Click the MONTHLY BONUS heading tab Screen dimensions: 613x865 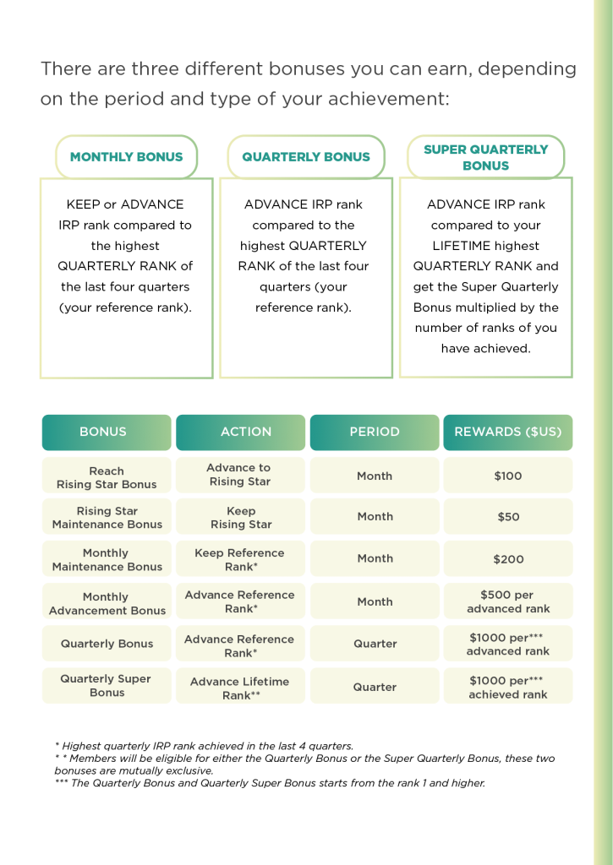point(127,156)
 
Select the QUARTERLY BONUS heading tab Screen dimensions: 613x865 point(306,156)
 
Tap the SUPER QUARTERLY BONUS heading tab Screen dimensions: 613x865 point(485,156)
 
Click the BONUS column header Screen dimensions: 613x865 point(107,432)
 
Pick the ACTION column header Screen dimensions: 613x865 point(240,432)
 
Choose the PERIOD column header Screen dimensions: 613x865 point(375,432)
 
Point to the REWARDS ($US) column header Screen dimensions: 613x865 point(508,432)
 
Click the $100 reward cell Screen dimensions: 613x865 point(508,475)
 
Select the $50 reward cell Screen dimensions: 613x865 point(508,516)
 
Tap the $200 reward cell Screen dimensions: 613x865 point(508,559)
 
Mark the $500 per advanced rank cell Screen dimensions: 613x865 point(508,601)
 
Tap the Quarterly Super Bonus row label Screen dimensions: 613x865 point(107,686)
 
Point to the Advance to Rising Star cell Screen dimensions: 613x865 point(240,475)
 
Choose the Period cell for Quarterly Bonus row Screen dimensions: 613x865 point(375,643)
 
